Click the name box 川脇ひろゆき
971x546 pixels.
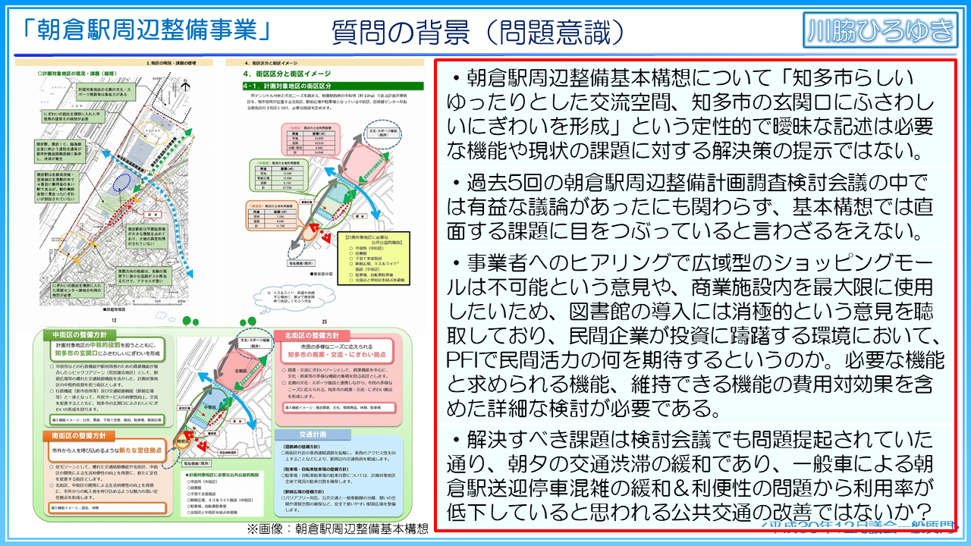pos(879,31)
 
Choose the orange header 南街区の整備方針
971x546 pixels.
pos(83,436)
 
